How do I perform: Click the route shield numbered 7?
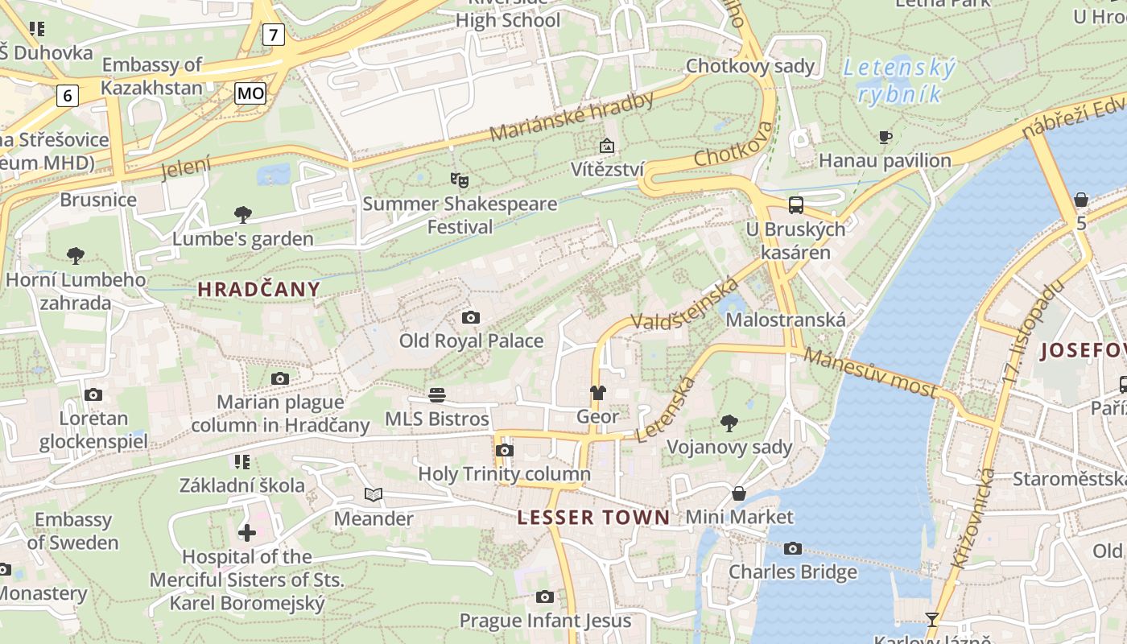pyautogui.click(x=275, y=35)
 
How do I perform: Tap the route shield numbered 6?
pyautogui.click(x=68, y=96)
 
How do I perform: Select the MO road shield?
pyautogui.click(x=250, y=93)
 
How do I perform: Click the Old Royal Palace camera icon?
pyautogui.click(x=471, y=317)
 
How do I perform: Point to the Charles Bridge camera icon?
pyautogui.click(x=793, y=548)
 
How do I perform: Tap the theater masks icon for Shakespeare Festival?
pyautogui.click(x=459, y=179)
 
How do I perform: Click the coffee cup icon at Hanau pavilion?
pyautogui.click(x=885, y=137)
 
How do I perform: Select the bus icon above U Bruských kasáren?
pyautogui.click(x=796, y=204)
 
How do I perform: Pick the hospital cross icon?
pyautogui.click(x=247, y=533)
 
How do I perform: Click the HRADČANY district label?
pyautogui.click(x=259, y=289)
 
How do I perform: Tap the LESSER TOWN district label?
pyautogui.click(x=593, y=518)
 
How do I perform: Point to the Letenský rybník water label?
pyautogui.click(x=900, y=81)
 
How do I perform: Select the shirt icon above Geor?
pyautogui.click(x=597, y=393)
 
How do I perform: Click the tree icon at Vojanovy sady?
pyautogui.click(x=729, y=423)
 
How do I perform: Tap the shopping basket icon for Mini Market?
pyautogui.click(x=739, y=493)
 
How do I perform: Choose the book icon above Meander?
pyautogui.click(x=374, y=494)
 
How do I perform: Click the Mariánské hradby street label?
pyautogui.click(x=572, y=117)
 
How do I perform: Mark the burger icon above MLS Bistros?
pyautogui.click(x=437, y=394)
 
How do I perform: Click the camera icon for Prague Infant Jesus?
pyautogui.click(x=545, y=597)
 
